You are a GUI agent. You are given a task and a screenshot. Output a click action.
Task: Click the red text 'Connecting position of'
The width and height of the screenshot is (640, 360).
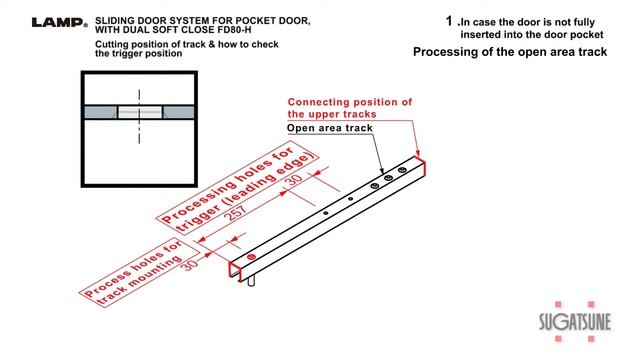pos(350,102)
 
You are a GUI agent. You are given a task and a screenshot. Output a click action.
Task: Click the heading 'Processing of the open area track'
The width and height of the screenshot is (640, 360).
pos(510,52)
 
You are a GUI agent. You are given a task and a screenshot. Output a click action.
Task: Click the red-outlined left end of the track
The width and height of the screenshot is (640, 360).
pos(241,267)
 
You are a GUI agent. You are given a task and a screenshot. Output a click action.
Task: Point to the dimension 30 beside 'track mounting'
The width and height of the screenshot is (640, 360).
pos(190,259)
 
